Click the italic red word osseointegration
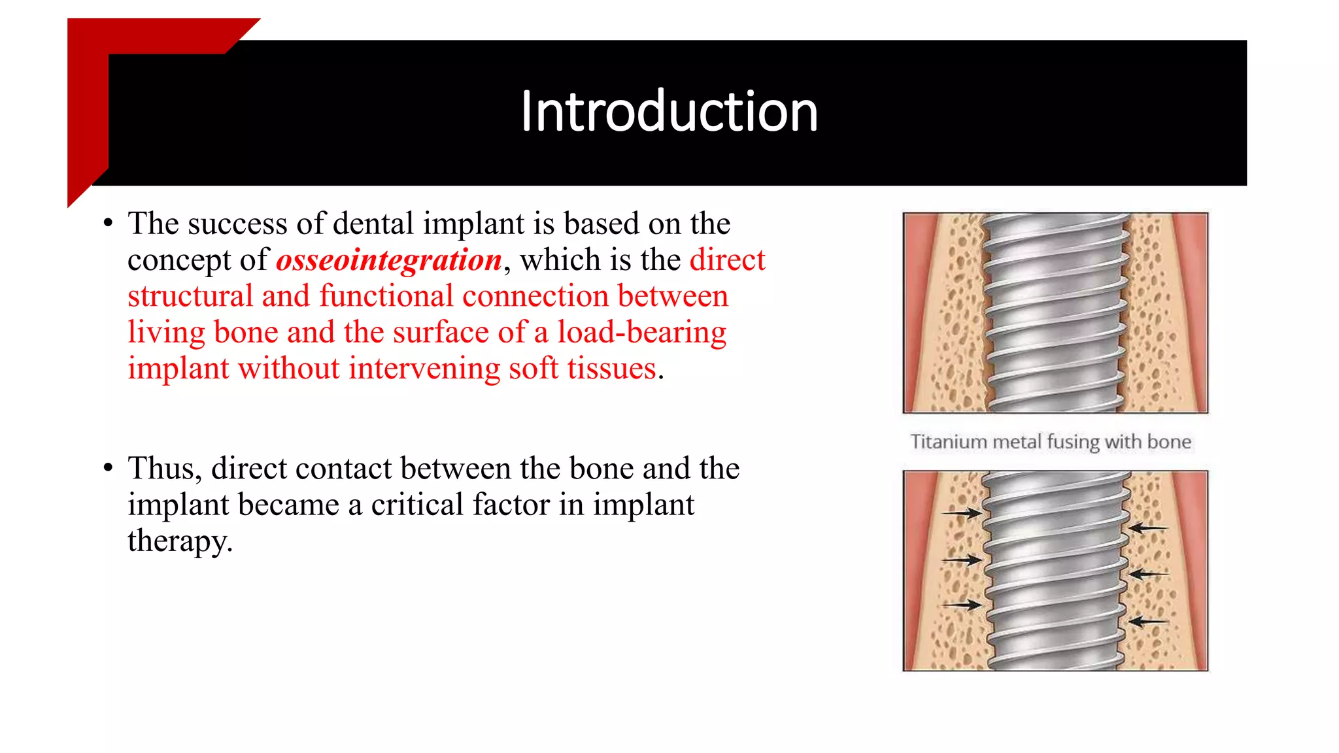coord(389,261)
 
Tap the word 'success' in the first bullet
coord(237,224)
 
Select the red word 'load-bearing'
coord(641,333)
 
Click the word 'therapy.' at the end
coord(180,541)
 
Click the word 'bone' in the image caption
coord(1168,443)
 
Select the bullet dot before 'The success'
coord(109,223)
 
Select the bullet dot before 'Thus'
coord(109,467)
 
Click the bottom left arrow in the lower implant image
coord(962,605)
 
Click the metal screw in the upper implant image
coord(1055,312)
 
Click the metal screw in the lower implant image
coord(1055,571)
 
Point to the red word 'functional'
coord(386,297)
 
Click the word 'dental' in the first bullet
coord(373,224)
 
